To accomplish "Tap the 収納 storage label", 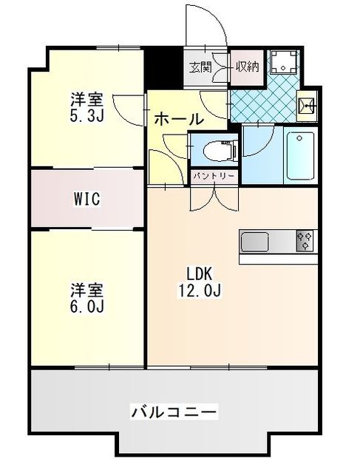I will (246, 68).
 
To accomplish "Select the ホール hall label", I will (179, 119).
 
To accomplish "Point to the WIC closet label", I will (86, 199).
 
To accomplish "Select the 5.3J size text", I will (87, 115).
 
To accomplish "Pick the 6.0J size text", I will (87, 304).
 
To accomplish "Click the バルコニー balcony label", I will (174, 410).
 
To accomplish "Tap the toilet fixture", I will (220, 151).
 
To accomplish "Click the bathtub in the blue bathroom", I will (300, 156).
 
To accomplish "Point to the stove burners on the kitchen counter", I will (305, 242).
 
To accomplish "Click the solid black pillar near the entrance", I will (155, 67).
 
